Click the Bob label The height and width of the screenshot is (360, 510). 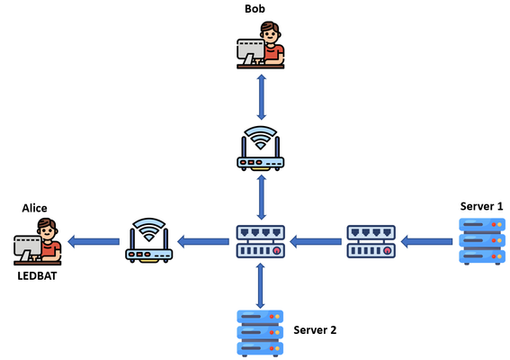pyautogui.click(x=255, y=8)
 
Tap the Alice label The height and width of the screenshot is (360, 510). pyautogui.click(x=34, y=208)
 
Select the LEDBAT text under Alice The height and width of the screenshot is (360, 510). pyautogui.click(x=37, y=276)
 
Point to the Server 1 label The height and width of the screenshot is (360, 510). pyautogui.click(x=481, y=206)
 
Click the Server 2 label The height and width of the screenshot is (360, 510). pyautogui.click(x=315, y=330)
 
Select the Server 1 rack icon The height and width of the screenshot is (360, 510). pyautogui.click(x=482, y=241)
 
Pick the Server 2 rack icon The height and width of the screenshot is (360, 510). pyautogui.click(x=260, y=333)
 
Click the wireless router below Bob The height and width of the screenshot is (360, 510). pyautogui.click(x=260, y=148)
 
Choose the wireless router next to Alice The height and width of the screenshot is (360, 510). pyautogui.click(x=149, y=240)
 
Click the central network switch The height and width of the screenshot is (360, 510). pyautogui.click(x=261, y=241)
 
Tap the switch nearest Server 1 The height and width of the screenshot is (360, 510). pyautogui.click(x=371, y=241)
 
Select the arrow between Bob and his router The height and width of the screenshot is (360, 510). pyautogui.click(x=261, y=97)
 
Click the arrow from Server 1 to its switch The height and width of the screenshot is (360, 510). pyautogui.click(x=426, y=241)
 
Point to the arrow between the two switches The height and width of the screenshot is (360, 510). pyautogui.click(x=316, y=241)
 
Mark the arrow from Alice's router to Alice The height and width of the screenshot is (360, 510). pyautogui.click(x=94, y=241)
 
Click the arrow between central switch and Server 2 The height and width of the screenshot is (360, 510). pyautogui.click(x=260, y=286)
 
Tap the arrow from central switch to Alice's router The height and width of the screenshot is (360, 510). pyautogui.click(x=203, y=241)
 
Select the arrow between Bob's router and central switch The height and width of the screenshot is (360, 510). pyautogui.click(x=261, y=197)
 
